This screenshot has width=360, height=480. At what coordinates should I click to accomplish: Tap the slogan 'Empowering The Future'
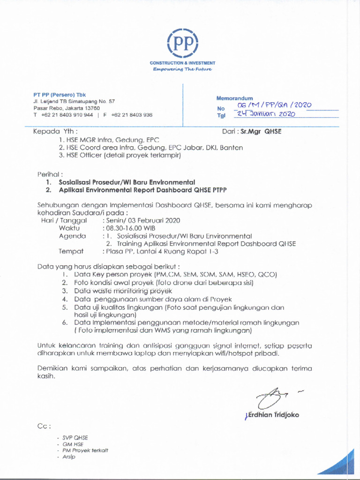(x=182, y=69)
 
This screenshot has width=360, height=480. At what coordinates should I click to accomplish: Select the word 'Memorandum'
(x=234, y=98)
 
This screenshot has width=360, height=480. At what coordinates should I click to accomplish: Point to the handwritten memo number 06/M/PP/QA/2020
(x=274, y=106)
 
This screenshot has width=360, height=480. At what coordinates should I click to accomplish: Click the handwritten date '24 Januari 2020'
(x=266, y=114)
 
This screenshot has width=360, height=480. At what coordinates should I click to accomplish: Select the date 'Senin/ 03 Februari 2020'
(x=142, y=220)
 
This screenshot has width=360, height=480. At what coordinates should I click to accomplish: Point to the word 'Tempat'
(x=71, y=252)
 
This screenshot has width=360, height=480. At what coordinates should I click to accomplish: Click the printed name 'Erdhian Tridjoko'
(x=272, y=415)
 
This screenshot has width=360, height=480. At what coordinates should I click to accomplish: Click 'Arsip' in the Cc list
(x=69, y=457)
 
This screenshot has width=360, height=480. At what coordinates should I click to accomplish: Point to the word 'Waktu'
(x=68, y=228)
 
